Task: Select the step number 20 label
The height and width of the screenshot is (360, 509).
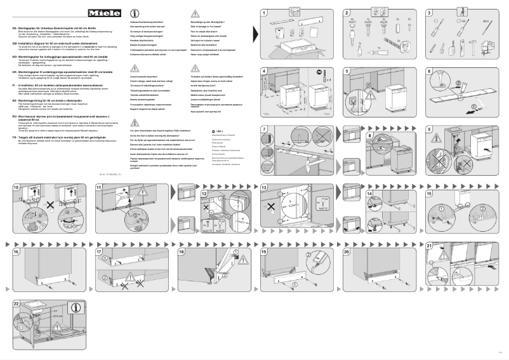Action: point(348,251)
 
